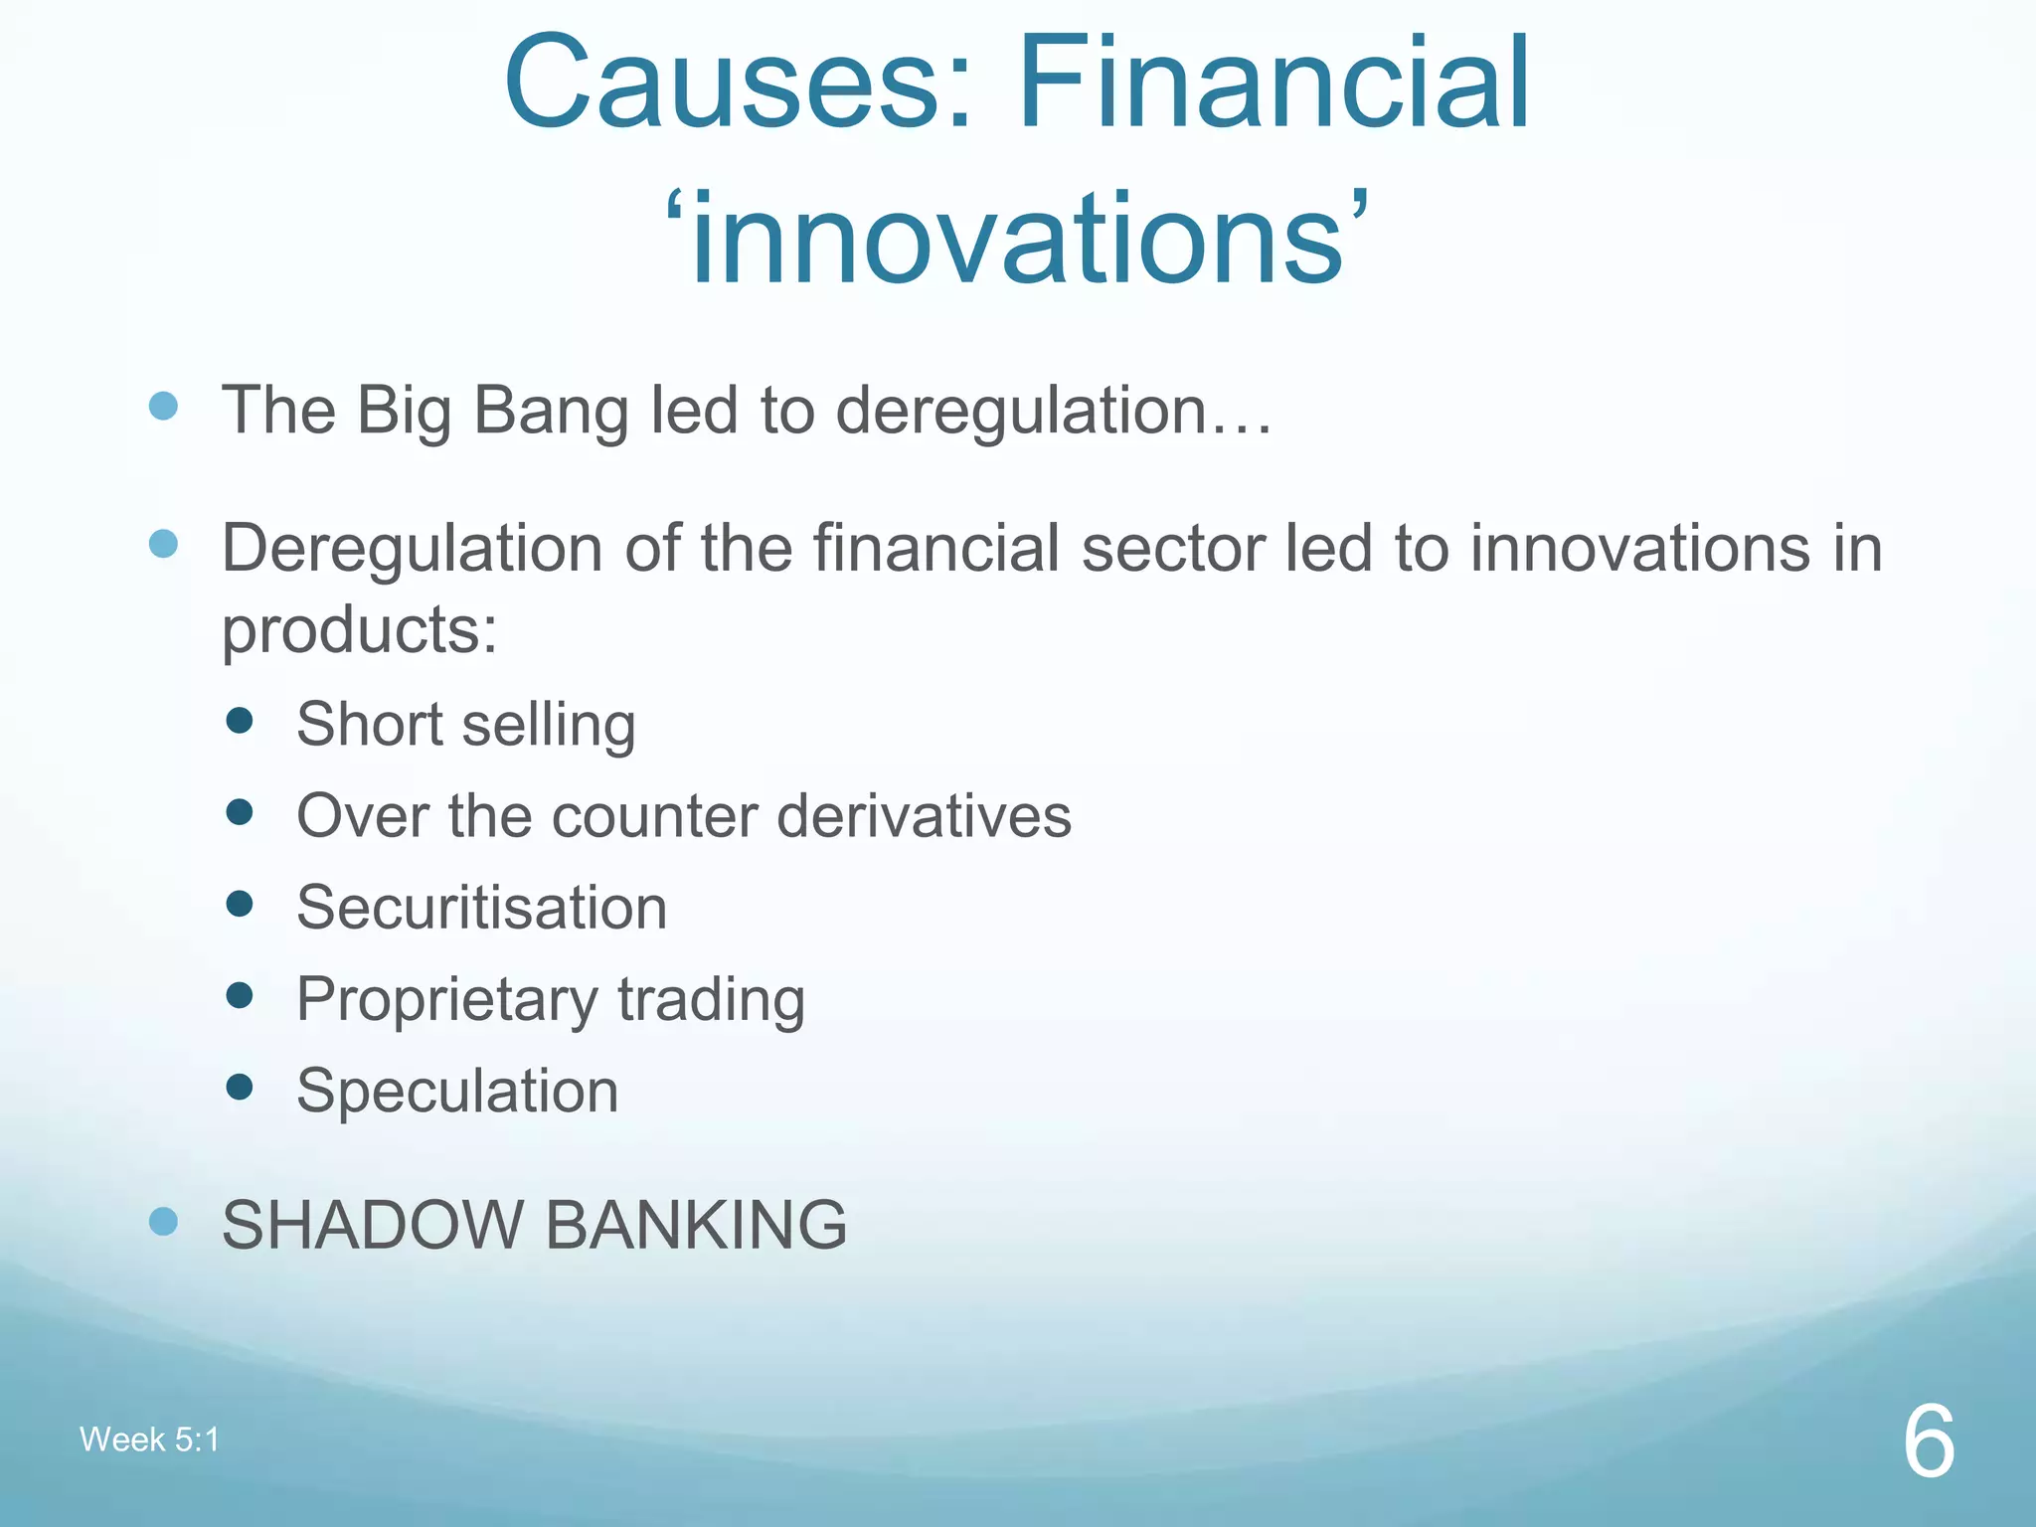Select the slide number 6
(1929, 1442)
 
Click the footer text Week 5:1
(149, 1440)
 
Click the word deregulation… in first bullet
(1054, 411)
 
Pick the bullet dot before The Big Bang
(163, 406)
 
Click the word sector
(1173, 549)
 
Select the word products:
(359, 630)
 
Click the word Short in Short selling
(369, 723)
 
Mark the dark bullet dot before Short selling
(240, 720)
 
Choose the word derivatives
(924, 816)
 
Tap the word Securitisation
(481, 908)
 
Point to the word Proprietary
(446, 1000)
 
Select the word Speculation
(457, 1092)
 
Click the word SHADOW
(372, 1225)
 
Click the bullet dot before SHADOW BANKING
(163, 1221)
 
